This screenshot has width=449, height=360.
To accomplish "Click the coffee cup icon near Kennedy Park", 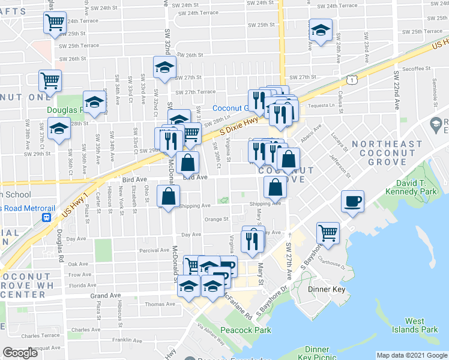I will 352,201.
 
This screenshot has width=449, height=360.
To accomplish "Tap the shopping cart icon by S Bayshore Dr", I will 328,232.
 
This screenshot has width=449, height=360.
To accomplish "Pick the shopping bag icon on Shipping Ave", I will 169,196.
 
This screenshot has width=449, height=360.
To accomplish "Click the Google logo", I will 20,353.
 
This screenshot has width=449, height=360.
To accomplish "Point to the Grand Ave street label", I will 106,296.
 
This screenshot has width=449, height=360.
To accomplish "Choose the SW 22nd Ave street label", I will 396,89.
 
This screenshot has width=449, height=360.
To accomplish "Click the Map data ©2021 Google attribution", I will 412,355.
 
